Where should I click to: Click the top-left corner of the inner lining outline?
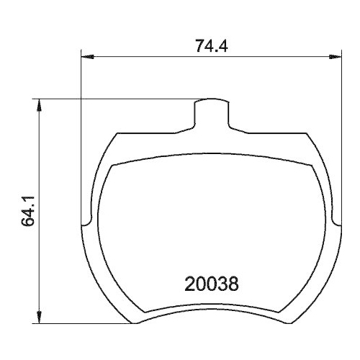tap(112, 165)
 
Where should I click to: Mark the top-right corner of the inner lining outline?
tap(311, 165)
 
